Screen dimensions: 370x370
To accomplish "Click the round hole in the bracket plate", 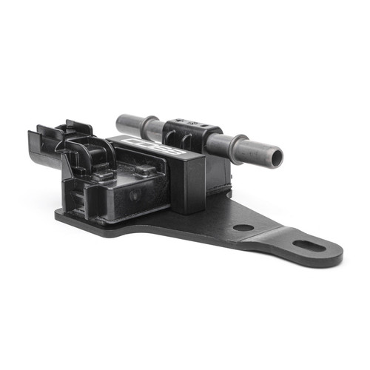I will click(243, 227).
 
